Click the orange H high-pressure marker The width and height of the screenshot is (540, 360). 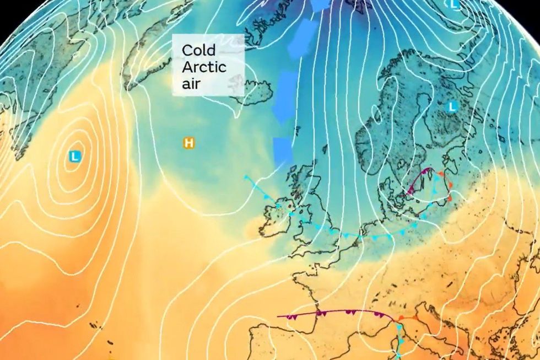(x=189, y=143)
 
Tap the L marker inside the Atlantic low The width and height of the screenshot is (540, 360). (x=75, y=157)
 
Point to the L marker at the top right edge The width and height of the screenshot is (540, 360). (x=454, y=4)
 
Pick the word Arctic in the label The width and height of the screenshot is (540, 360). (x=204, y=68)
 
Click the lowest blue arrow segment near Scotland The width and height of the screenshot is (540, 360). (x=282, y=151)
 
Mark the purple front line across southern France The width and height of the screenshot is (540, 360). (x=331, y=314)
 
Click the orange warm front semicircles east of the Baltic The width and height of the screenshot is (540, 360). (x=447, y=187)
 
